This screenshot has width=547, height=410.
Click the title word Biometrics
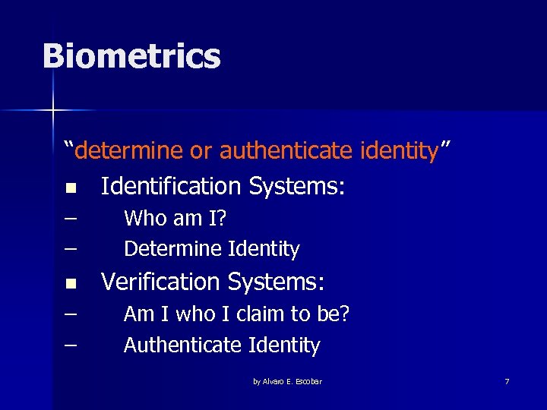131,56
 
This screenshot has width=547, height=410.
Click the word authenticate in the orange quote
285,150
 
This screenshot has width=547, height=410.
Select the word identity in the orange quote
397,150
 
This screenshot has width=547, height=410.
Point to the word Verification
162,282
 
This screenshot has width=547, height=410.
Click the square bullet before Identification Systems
71,187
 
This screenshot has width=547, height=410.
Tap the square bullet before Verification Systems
71,283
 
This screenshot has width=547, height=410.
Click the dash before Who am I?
71,219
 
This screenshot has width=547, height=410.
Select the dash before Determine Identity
71,248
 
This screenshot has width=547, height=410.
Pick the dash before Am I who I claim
71,314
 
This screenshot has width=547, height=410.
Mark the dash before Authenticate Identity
71,345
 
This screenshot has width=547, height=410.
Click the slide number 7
507,381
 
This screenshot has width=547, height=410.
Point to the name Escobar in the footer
308,381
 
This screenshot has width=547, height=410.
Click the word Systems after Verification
277,282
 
